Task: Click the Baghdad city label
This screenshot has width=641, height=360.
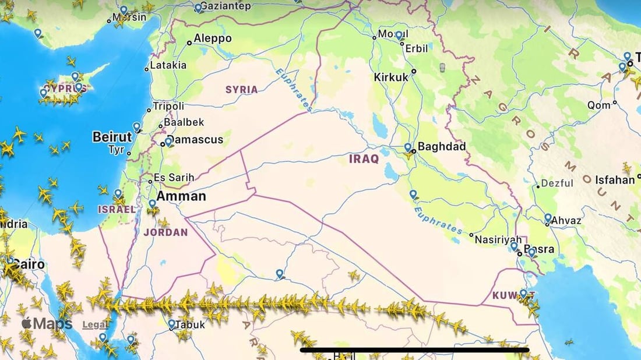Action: tap(442, 147)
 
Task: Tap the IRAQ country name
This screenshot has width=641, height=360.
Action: tap(364, 158)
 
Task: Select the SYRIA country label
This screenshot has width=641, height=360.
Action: tap(241, 89)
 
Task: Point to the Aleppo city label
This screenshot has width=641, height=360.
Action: tap(212, 38)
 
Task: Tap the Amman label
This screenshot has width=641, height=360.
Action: tap(181, 196)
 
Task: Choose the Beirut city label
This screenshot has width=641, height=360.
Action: tap(112, 137)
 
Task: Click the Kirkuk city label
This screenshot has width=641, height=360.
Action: tap(391, 77)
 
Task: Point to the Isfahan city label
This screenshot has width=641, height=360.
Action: tap(614, 180)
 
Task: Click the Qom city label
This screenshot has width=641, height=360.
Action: tap(598, 105)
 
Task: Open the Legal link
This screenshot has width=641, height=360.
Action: tap(94, 325)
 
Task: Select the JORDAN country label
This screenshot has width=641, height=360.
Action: tap(165, 232)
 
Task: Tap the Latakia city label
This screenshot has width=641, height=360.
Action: tap(168, 65)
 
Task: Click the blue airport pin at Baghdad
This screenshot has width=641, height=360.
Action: tap(408, 148)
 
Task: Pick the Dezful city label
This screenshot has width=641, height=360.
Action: tap(557, 183)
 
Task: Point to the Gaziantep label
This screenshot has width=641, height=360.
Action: tap(226, 5)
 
